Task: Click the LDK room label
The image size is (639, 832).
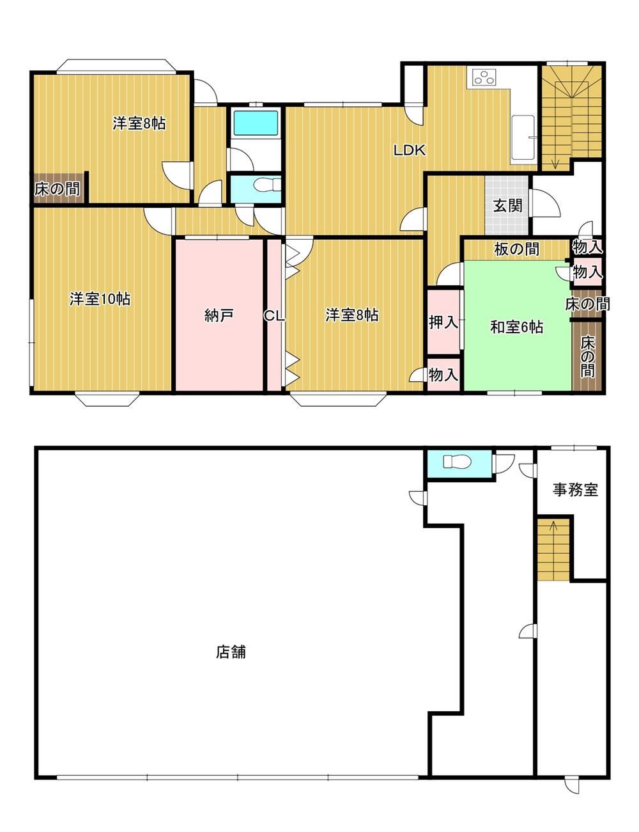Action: click(410, 150)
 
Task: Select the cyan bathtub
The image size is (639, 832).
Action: click(256, 123)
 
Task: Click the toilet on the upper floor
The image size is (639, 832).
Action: click(267, 185)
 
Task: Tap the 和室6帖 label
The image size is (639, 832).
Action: click(516, 327)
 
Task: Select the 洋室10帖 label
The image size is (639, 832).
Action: click(100, 299)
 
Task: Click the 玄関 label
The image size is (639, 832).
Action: click(507, 206)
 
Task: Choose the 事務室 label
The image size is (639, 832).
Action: click(575, 490)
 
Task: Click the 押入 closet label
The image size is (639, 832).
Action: click(443, 323)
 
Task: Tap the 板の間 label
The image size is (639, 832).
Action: click(516, 249)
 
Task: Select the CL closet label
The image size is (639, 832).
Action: click(274, 316)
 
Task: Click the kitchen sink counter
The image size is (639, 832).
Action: click(523, 139)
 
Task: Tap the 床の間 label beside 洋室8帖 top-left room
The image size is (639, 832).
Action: click(58, 189)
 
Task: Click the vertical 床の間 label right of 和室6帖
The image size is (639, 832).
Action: click(588, 356)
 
